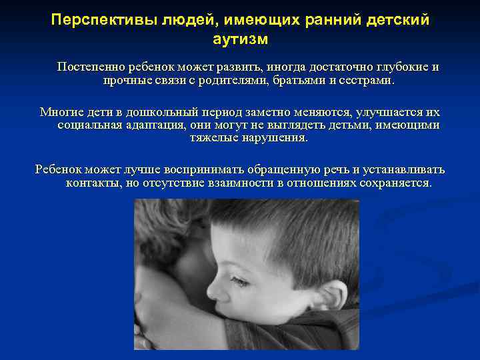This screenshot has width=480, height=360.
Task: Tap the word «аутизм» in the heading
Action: [240, 39]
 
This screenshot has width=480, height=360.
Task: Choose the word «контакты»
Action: [93, 183]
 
